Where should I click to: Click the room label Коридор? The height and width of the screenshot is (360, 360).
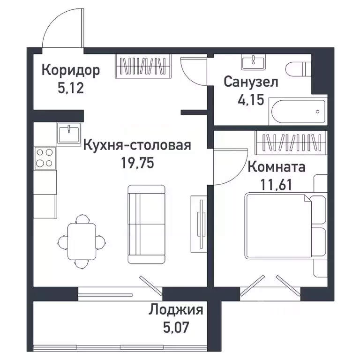[70, 71]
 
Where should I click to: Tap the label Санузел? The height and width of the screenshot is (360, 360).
[251, 82]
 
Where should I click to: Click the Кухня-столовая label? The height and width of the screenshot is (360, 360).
[137, 145]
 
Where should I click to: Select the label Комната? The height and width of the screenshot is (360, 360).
[276, 166]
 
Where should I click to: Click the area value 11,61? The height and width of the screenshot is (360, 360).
[276, 183]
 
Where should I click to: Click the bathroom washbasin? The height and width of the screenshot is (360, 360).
[254, 61]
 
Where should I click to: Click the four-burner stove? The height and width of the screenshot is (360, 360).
[45, 158]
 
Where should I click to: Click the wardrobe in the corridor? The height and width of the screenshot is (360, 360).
[143, 65]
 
